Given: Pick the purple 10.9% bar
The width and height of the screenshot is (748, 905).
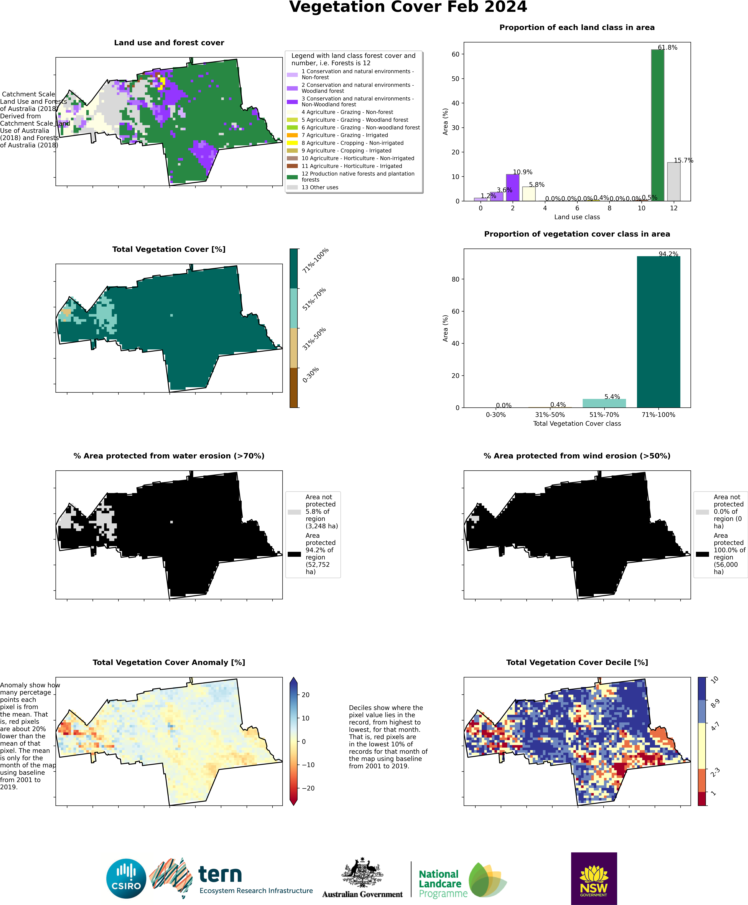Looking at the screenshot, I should point(512,187).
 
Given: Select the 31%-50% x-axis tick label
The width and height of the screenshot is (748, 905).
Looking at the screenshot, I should point(550,415).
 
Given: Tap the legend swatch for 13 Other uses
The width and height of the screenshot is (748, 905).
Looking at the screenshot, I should point(292,187).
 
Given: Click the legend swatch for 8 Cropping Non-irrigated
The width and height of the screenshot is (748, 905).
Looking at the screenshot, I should point(292,143).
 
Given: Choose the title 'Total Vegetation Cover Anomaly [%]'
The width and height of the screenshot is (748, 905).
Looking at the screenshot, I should point(169,662).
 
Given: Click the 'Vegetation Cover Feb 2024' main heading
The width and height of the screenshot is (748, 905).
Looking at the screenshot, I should point(408,7).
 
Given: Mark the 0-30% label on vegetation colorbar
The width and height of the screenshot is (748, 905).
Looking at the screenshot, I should point(310,375).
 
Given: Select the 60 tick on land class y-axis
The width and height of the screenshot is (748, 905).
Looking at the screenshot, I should point(455,54).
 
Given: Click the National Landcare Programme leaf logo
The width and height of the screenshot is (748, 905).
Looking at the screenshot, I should point(487,880).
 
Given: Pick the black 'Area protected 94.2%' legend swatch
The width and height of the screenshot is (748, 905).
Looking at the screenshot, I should point(294,554).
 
